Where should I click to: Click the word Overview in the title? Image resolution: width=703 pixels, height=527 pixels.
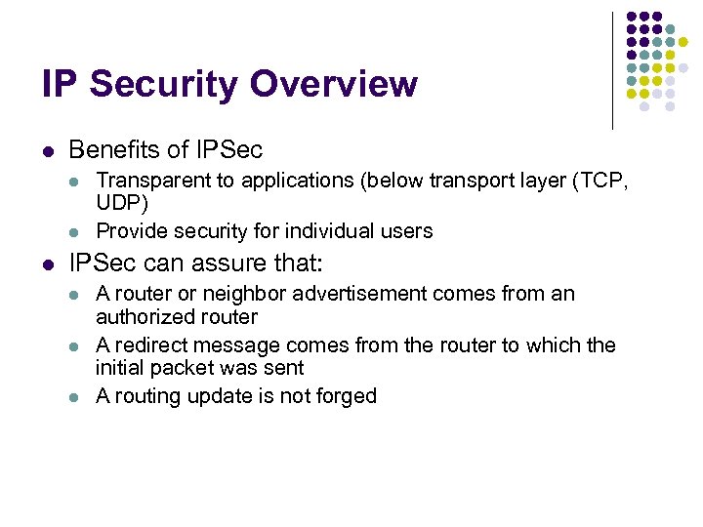click(334, 85)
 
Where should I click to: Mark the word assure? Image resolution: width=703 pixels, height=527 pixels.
click(222, 263)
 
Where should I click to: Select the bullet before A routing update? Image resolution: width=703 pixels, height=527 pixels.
click(74, 396)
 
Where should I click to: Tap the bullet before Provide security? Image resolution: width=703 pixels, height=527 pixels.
click(74, 231)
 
